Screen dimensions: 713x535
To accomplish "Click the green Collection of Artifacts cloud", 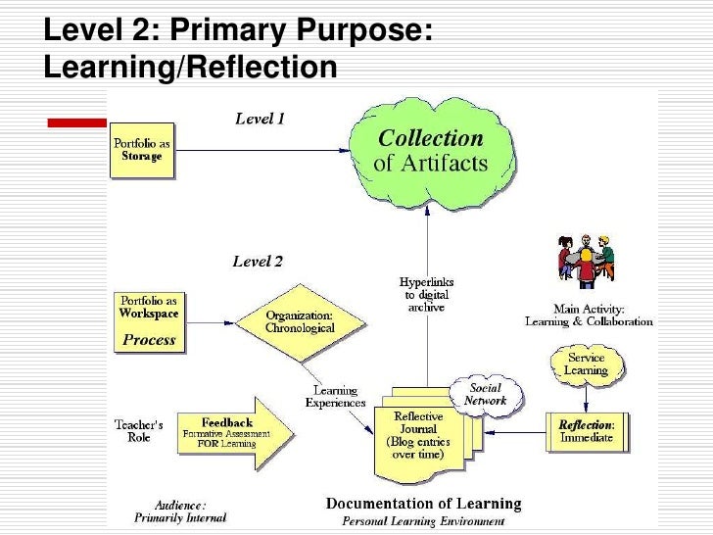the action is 432,151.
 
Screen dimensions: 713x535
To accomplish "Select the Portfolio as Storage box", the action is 142,150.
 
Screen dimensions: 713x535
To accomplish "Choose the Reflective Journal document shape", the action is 421,435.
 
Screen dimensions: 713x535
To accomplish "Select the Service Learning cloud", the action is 587,365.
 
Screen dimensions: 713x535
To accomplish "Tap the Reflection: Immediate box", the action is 586,431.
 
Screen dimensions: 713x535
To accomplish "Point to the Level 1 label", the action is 260,119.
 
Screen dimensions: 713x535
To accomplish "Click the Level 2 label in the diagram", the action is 258,262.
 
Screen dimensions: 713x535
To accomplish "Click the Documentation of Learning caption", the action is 424,504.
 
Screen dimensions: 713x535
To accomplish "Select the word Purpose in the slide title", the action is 355,30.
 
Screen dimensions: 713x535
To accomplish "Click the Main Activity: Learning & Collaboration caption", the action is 589,316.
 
